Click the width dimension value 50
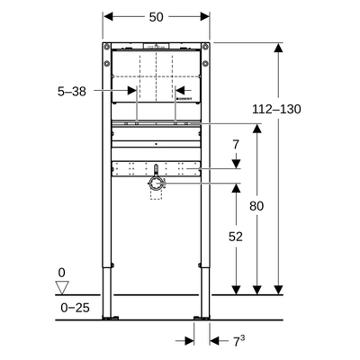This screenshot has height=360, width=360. [x=157, y=16]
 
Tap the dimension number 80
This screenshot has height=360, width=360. [x=257, y=206]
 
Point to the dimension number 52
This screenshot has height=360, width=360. [x=235, y=236]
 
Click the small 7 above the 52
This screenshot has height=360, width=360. [x=235, y=145]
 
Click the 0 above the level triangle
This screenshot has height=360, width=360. [x=62, y=271]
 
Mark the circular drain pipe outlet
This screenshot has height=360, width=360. [x=156, y=183]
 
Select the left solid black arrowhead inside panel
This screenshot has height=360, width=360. [x=132, y=90]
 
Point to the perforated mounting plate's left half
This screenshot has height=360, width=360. [x=130, y=167]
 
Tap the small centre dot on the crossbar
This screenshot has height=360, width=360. [x=156, y=142]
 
